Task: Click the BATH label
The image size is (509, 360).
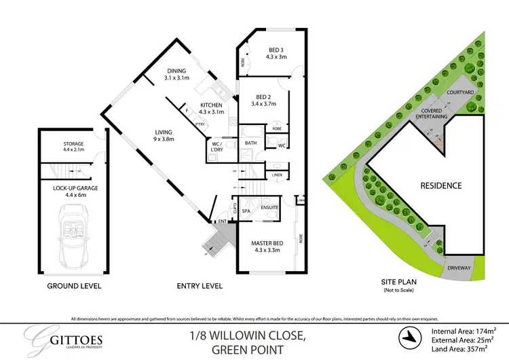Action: coord(250,143)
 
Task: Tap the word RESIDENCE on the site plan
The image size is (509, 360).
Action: coord(440,185)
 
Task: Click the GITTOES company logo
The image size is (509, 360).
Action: coord(56,338)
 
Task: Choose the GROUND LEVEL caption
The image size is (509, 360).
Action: coord(74,286)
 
